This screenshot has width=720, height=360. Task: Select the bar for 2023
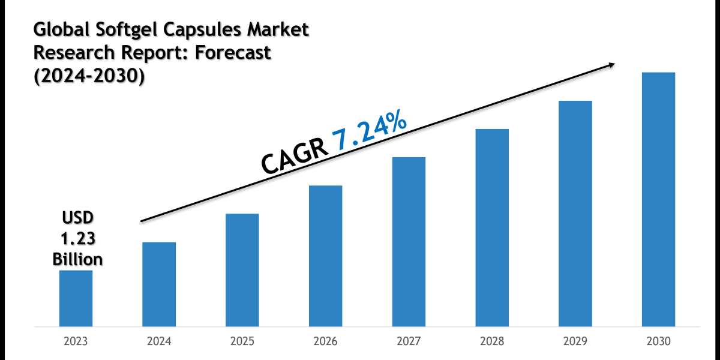point(76,299)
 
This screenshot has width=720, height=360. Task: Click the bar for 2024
point(159,284)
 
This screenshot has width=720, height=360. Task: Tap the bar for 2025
point(242,271)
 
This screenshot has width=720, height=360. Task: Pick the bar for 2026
point(326,256)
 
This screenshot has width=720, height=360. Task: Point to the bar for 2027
point(409,242)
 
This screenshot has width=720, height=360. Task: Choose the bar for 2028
point(492,228)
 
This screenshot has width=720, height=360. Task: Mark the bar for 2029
point(575,214)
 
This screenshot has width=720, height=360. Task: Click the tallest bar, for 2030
point(659,200)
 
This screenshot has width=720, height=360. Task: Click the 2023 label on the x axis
point(76,341)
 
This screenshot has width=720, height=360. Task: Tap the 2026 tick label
point(326,341)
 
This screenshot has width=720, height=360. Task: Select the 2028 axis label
point(492,341)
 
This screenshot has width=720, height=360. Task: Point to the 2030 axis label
point(659,341)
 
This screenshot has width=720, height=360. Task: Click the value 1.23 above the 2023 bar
point(78,239)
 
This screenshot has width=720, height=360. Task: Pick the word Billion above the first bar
point(77,259)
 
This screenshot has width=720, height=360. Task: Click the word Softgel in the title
point(129,30)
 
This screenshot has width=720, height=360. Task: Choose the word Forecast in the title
point(233,53)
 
